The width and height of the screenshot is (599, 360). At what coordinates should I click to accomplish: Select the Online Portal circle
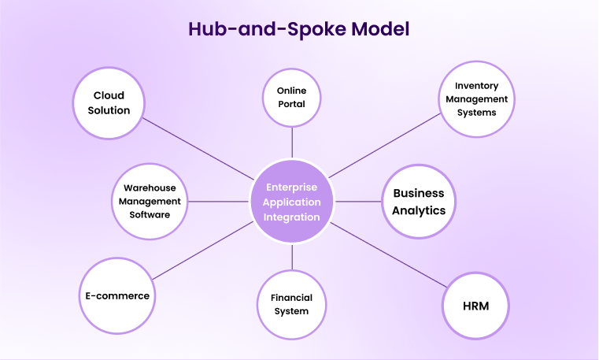(291, 97)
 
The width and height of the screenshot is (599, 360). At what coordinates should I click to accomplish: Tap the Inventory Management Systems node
(476, 100)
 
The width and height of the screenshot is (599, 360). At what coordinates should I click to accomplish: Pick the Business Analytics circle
(419, 202)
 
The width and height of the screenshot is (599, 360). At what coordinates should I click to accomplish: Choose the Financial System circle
(291, 304)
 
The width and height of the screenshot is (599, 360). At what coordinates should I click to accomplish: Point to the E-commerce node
(117, 296)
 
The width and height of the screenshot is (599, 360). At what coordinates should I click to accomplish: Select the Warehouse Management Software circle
(149, 201)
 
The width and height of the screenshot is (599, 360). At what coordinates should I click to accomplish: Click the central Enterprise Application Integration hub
(292, 202)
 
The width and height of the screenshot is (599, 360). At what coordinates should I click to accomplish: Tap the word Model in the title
(372, 30)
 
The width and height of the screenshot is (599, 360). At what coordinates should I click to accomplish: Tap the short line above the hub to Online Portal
(292, 142)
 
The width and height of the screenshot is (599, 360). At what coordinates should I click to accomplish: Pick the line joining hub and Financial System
(292, 258)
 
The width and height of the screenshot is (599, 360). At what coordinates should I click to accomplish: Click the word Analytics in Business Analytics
(420, 210)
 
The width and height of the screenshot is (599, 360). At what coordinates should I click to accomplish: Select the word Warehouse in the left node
(149, 188)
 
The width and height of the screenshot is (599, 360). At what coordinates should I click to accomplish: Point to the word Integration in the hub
(292, 217)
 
